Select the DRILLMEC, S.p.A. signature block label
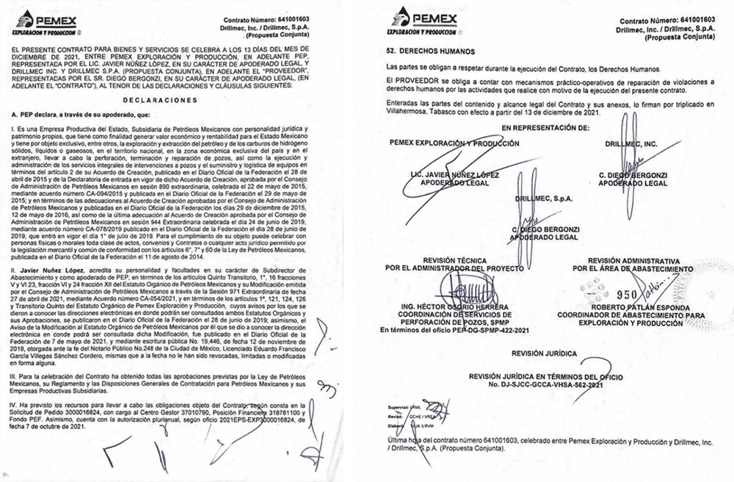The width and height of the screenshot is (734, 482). pyautogui.click(x=544, y=198)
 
